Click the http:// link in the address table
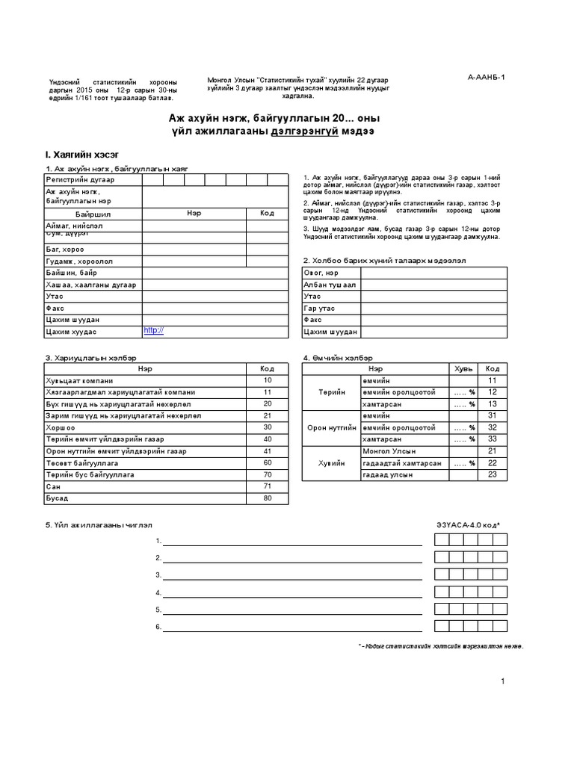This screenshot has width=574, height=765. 153,330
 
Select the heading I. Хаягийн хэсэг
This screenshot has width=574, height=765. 81,154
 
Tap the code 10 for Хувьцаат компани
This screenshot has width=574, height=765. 267,380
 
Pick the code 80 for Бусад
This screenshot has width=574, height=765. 267,498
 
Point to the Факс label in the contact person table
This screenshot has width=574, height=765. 314,319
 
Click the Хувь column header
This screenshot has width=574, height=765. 463,368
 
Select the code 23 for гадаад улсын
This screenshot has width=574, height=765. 492,474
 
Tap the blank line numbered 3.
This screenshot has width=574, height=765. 292,574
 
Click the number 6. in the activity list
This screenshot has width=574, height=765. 158,626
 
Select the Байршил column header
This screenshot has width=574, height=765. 93,213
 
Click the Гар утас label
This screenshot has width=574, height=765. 318,308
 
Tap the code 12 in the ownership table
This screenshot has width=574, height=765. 492,392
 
